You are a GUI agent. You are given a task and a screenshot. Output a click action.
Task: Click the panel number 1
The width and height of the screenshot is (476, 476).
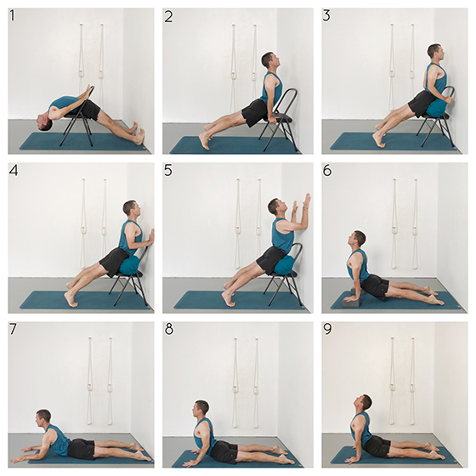click(x=12, y=16)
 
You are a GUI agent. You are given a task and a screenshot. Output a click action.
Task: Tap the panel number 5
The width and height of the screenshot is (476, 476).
click(x=168, y=171)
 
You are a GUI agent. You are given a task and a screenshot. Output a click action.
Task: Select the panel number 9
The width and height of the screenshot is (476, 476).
click(x=327, y=330)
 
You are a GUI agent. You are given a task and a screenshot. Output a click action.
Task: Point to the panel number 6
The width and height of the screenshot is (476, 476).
click(x=327, y=171)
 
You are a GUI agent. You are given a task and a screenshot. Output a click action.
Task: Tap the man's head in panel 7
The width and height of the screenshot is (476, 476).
click(x=42, y=418)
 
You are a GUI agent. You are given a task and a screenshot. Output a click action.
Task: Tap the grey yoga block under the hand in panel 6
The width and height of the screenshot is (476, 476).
click(x=352, y=303)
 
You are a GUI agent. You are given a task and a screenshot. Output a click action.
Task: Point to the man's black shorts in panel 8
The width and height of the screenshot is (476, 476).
click(x=224, y=450)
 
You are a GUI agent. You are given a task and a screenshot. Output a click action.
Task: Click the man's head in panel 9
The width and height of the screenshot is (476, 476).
click(x=363, y=404)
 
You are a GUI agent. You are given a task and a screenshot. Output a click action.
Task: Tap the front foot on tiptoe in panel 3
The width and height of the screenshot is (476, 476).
click(x=380, y=140)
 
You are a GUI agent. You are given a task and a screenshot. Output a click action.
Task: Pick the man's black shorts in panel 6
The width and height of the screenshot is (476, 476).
click(x=375, y=286)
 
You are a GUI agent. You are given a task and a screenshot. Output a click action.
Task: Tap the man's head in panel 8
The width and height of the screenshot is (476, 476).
click(x=201, y=409)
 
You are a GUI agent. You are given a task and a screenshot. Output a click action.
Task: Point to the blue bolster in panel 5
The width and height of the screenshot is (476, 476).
click(x=286, y=265)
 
